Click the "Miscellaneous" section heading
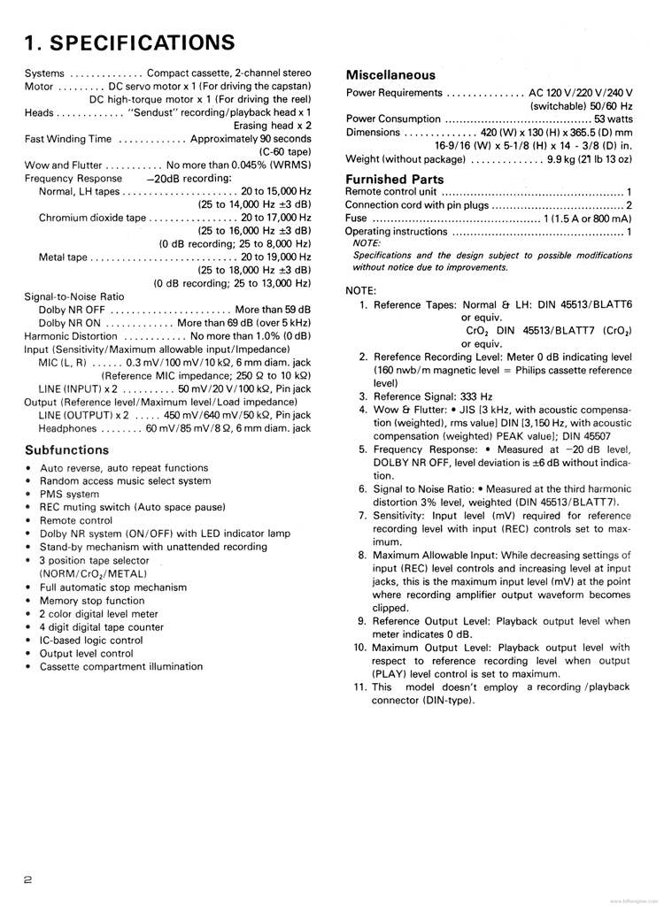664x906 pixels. tap(390, 75)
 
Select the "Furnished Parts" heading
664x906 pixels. tap(395, 180)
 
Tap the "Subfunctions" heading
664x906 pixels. tap(67, 449)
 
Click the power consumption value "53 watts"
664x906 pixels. tap(614, 119)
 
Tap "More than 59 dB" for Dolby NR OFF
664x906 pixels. tap(273, 310)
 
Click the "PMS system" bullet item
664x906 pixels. tap(69, 495)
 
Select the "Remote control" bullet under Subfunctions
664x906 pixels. tap(76, 521)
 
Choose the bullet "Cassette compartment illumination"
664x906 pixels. tap(121, 666)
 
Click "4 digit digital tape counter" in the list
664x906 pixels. tap(102, 627)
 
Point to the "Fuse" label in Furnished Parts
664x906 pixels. tap(357, 218)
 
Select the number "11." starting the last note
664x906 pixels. tap(359, 687)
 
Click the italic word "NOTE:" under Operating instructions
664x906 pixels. tap(367, 242)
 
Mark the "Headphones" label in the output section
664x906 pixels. tap(68, 428)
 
